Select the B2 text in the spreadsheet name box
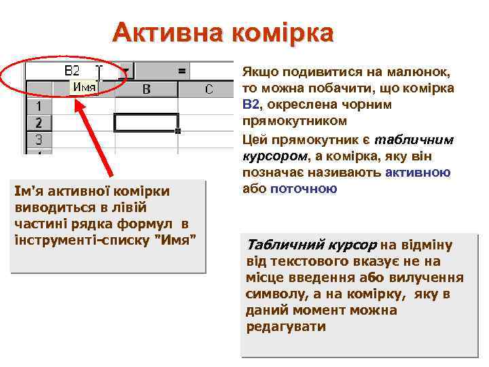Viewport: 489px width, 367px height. click(x=72, y=70)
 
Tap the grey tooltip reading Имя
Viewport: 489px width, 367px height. click(x=84, y=87)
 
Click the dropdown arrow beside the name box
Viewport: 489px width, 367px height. click(x=126, y=70)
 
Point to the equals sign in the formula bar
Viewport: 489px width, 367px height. click(x=181, y=70)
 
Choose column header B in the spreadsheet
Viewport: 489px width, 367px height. click(x=146, y=89)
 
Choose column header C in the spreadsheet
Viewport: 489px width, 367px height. click(x=209, y=89)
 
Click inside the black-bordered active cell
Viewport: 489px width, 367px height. click(x=146, y=122)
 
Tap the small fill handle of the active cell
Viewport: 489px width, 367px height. click(x=178, y=130)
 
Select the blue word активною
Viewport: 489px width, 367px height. click(x=417, y=173)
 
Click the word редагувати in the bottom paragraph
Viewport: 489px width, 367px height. click(x=286, y=327)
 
